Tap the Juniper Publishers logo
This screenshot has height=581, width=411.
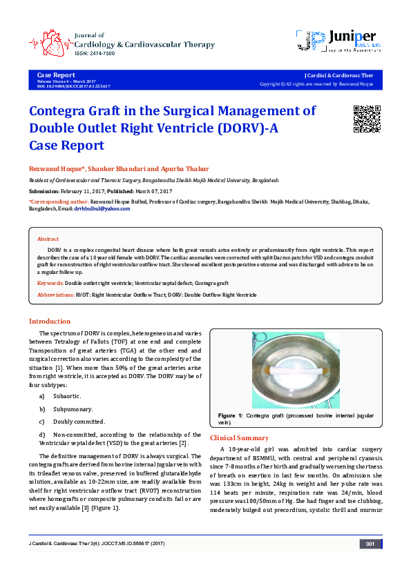tap(337, 41)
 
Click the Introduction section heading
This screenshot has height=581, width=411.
tap(49, 321)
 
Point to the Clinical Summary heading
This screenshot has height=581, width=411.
tap(238, 437)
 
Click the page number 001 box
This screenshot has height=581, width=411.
tap(370, 563)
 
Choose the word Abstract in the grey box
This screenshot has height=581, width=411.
tap(48, 239)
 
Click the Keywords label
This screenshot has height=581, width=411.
tap(50, 283)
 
